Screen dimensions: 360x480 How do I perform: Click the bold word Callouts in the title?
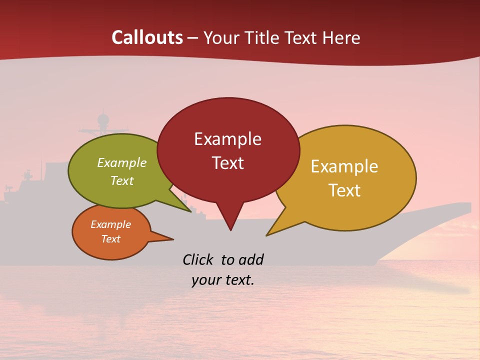click(x=147, y=37)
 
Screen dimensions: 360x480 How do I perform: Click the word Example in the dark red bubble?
click(x=227, y=139)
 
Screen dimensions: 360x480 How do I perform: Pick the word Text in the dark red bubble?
click(x=227, y=162)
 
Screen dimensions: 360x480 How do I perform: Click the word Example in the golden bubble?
click(x=344, y=166)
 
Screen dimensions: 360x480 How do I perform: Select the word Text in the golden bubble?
click(x=344, y=190)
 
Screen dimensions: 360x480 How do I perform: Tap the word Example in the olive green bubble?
click(x=121, y=163)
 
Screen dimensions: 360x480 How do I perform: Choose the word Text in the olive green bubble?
click(x=121, y=180)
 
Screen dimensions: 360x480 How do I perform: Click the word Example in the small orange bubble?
click(x=110, y=224)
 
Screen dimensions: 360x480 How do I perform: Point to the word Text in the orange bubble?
click(x=110, y=239)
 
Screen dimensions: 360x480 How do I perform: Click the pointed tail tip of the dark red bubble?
click(x=230, y=230)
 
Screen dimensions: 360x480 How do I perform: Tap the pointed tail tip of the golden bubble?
click(x=266, y=235)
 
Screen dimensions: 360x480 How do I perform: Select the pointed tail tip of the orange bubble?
click(x=173, y=239)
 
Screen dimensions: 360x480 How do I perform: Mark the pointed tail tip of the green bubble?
click(x=190, y=211)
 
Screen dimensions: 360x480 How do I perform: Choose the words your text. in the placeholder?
click(x=223, y=280)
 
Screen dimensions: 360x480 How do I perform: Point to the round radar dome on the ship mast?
click(x=103, y=119)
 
